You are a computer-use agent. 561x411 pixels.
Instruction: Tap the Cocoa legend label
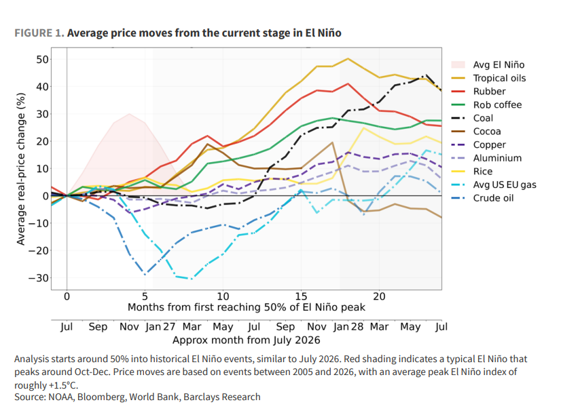point(487,132)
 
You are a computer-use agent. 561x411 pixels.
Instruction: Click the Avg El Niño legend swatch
point(458,64)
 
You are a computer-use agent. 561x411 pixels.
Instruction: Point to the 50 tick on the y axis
point(42,59)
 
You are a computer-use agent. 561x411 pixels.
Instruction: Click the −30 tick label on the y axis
point(38,277)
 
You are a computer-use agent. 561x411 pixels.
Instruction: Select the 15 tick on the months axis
point(301,296)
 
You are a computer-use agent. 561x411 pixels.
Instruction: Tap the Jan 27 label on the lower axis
point(160,327)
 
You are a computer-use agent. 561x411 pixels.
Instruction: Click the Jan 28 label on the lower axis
point(348,327)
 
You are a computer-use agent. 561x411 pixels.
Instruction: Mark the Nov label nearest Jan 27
point(129,327)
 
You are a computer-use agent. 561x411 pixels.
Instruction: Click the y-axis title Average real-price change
point(21,169)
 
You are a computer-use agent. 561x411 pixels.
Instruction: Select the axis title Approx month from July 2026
point(246,340)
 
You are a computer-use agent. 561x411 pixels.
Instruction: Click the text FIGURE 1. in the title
point(39,33)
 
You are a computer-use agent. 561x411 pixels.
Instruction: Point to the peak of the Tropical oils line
point(348,58)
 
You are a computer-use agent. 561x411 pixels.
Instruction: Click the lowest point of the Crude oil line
point(145,275)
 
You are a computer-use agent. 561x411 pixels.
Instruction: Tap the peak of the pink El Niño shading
point(129,114)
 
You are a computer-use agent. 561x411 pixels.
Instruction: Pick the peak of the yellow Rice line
point(363,128)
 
